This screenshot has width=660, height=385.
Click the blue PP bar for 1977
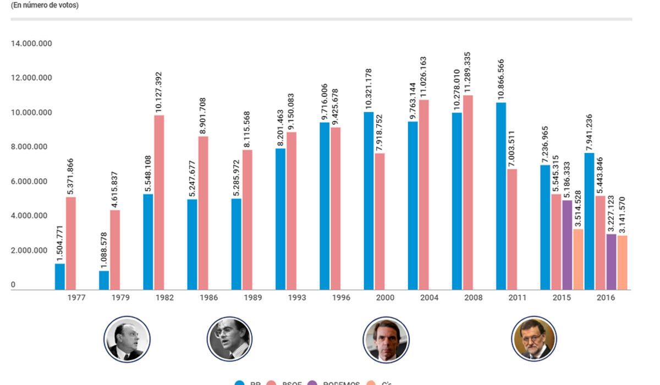(x=60, y=277)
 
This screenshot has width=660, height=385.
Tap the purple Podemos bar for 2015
(x=567, y=245)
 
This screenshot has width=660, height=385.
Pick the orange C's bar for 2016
(x=622, y=263)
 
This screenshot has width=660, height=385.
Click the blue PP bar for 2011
(x=501, y=196)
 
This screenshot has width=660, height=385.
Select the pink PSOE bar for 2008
(x=468, y=193)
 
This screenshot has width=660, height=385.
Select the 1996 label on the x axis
(x=341, y=298)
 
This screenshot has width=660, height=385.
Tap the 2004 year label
(x=429, y=298)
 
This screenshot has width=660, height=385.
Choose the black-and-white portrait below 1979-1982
(x=127, y=339)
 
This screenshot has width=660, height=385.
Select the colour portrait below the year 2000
(x=386, y=339)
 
